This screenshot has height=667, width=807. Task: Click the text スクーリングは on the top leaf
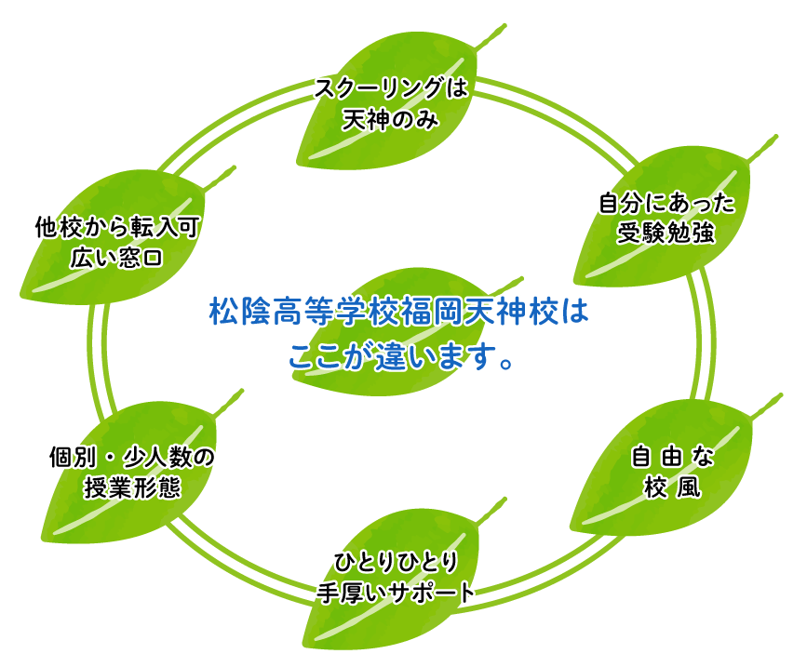pos(389,89)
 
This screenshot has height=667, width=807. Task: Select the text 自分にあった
pos(666,203)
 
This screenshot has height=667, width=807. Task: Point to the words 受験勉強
pos(666,233)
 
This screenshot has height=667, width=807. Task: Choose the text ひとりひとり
pos(396,562)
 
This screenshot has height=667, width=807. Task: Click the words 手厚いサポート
pos(396,593)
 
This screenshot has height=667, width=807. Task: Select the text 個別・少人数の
pos(131,457)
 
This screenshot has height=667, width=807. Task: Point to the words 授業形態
pos(131,487)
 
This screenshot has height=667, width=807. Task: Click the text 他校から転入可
pos(117,226)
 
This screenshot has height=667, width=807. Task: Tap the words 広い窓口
pos(117,257)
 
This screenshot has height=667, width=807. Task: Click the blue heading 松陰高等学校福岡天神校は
pos(398,312)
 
